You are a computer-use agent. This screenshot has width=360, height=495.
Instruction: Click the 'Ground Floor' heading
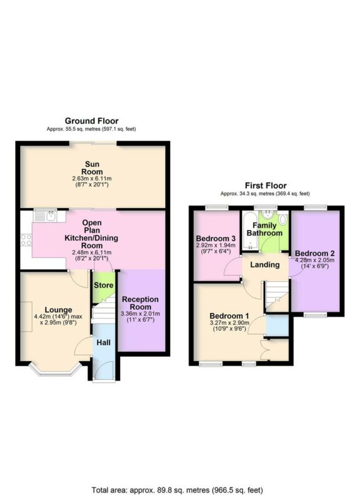(x=92, y=121)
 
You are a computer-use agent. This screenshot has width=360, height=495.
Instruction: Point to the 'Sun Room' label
(x=92, y=168)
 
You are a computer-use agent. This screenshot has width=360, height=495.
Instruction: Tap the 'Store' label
(x=102, y=286)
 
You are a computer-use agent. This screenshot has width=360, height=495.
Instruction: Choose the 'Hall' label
(x=103, y=342)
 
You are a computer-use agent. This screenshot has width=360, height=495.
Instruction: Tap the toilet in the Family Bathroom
(x=282, y=219)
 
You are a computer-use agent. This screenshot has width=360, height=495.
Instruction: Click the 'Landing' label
(x=264, y=264)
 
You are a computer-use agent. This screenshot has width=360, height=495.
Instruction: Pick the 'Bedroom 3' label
(x=216, y=239)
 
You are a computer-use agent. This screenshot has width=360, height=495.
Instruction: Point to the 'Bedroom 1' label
(x=229, y=315)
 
